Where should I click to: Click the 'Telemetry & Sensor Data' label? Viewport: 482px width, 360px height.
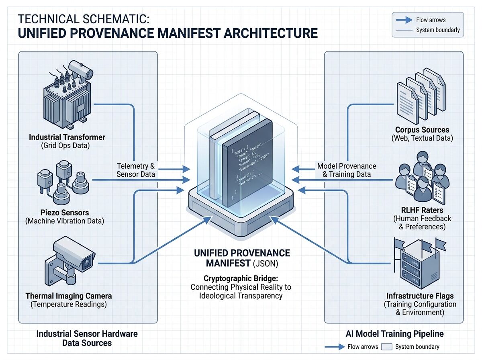click(x=136, y=170)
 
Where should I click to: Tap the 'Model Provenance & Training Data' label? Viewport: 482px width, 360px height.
click(x=347, y=170)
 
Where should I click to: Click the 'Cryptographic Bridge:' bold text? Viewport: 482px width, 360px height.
click(x=241, y=278)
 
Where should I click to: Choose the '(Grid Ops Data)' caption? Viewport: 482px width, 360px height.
click(x=67, y=146)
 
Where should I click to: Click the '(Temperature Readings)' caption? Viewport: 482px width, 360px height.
click(x=69, y=305)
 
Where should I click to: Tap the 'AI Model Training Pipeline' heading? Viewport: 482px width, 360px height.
click(x=394, y=334)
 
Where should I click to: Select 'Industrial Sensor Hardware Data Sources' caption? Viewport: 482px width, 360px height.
click(x=87, y=338)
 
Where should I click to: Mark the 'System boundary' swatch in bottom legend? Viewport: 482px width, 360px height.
click(x=386, y=347)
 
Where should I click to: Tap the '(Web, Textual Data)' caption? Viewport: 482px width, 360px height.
click(x=422, y=139)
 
